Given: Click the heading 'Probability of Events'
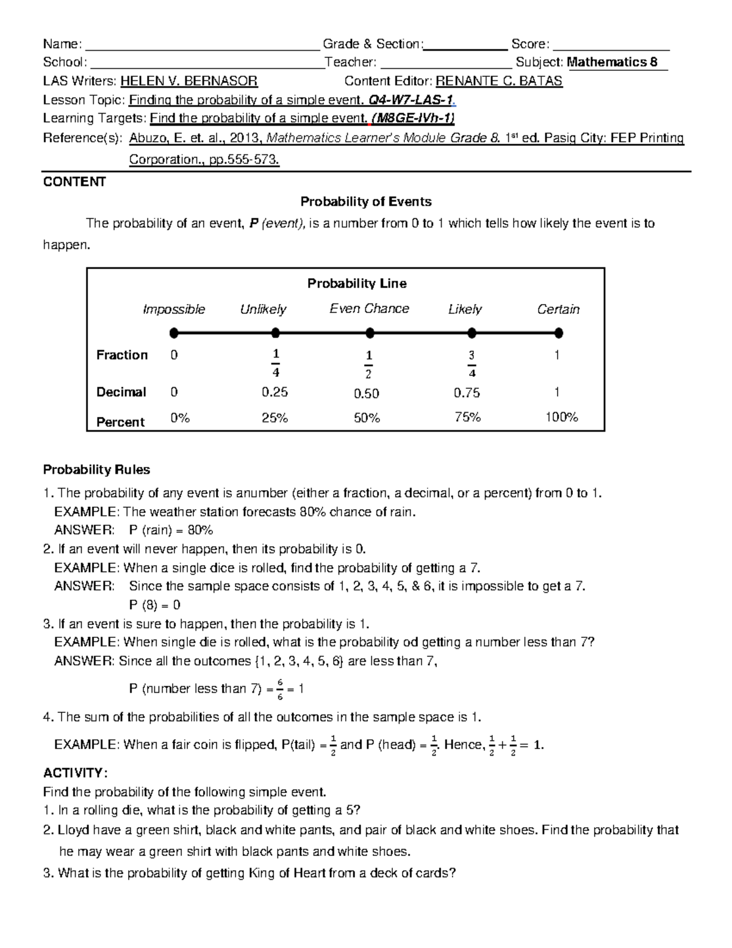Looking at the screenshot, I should [365, 201].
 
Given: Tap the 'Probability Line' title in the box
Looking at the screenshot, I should [357, 283].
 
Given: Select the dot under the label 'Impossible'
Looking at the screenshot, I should [174, 333].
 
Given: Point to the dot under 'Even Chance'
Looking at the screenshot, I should [370, 333].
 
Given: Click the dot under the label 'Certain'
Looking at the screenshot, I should [559, 333].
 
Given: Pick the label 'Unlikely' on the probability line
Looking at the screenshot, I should [263, 309].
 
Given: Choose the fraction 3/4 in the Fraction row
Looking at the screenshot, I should [472, 364].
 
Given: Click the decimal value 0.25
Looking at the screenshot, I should [274, 392].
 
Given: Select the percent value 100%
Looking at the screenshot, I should [561, 417].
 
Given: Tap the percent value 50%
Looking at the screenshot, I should [367, 418].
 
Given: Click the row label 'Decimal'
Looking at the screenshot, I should [121, 392].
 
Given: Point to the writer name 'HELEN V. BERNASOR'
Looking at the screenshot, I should [189, 81].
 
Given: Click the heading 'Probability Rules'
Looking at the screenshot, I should [96, 469].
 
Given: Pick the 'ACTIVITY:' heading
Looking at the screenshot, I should [75, 773].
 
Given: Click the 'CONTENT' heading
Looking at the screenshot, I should [74, 182].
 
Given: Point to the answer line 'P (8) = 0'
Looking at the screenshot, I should [154, 605].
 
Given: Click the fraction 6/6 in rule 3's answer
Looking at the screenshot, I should [280, 689].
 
